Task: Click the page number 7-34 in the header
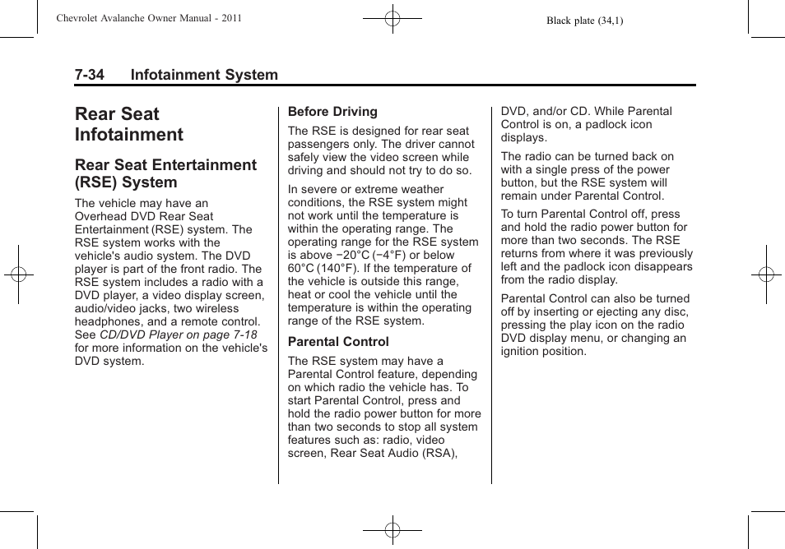tap(89, 75)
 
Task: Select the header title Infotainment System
tap(204, 75)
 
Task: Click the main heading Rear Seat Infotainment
tap(128, 124)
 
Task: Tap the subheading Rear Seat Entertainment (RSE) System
tap(165, 173)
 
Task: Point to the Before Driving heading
tap(332, 112)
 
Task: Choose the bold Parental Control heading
tap(338, 342)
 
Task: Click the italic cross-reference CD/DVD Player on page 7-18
tap(179, 335)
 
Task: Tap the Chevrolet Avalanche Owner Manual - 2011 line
tap(148, 18)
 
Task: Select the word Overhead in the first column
tap(101, 217)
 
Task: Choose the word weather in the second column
tap(421, 189)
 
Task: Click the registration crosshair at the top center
tap(392, 17)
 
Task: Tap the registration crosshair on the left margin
tap(18, 274)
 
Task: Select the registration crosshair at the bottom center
tap(392, 530)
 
